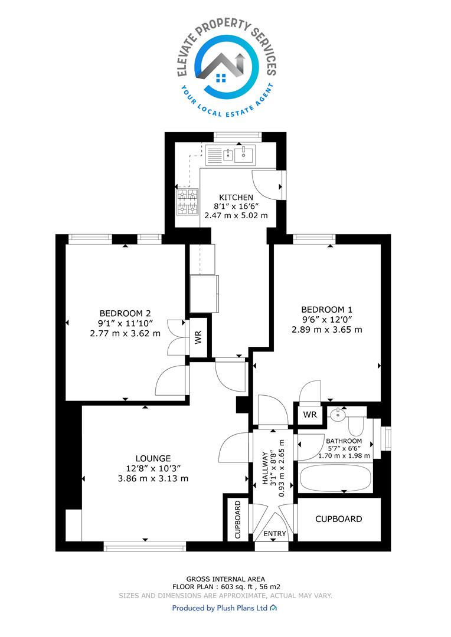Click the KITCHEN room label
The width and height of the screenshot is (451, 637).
pyautogui.click(x=236, y=198)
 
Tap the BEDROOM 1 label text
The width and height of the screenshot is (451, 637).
pyautogui.click(x=326, y=310)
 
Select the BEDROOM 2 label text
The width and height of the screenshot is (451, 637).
pyautogui.click(x=125, y=314)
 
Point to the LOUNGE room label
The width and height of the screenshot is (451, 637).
pyautogui.click(x=153, y=458)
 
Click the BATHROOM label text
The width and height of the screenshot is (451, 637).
pyautogui.click(x=344, y=441)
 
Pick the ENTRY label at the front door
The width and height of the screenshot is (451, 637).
pyautogui.click(x=275, y=534)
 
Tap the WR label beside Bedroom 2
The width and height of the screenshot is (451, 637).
pyautogui.click(x=198, y=337)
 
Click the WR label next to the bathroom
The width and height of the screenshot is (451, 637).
pyautogui.click(x=310, y=415)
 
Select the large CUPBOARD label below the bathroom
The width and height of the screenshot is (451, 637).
pyautogui.click(x=338, y=519)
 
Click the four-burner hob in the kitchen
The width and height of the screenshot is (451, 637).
pyautogui.click(x=188, y=202)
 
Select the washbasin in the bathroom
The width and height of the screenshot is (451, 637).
pyautogui.click(x=338, y=415)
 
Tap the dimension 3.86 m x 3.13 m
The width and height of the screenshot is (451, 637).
pyautogui.click(x=153, y=478)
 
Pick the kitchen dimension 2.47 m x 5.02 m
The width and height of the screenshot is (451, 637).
pyautogui.click(x=236, y=215)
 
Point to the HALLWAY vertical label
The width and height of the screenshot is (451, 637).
pyautogui.click(x=266, y=468)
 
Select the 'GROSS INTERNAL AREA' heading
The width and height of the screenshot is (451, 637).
pyautogui.click(x=225, y=579)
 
